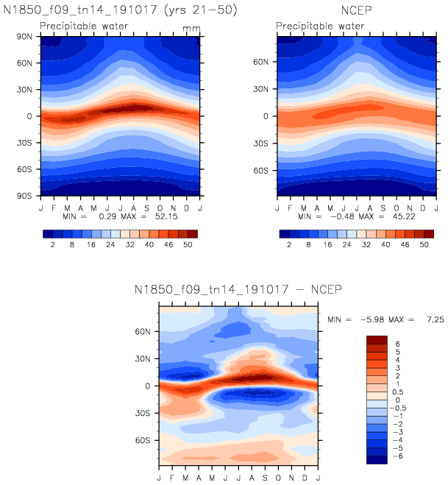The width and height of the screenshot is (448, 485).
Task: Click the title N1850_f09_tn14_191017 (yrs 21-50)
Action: (120, 11)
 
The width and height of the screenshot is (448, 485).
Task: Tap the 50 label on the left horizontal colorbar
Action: (188, 244)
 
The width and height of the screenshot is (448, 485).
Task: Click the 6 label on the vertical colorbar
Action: (398, 344)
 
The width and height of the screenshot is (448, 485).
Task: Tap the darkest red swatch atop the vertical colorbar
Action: (376, 339)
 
